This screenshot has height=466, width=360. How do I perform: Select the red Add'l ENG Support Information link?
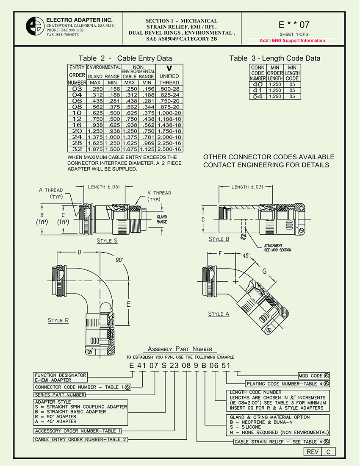tap(292, 41)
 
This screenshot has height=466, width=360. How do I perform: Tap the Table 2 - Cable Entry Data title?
tap(125, 58)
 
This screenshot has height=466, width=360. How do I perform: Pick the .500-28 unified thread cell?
tap(169, 89)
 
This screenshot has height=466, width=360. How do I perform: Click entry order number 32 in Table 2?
tap(77, 149)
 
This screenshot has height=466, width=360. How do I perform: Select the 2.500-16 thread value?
tap(169, 149)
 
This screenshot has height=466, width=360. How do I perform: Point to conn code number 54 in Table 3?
tap(258, 97)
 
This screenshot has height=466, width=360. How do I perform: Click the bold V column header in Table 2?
tap(169, 68)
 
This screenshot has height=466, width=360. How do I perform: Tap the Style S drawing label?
tap(107, 241)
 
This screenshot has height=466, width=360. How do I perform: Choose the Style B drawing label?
tap(219, 239)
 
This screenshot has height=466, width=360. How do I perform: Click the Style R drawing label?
tap(58, 320)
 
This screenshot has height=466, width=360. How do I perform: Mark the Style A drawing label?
tap(219, 314)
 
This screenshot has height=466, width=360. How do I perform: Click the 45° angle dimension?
tap(245, 256)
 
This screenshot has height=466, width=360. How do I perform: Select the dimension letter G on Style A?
tap(265, 271)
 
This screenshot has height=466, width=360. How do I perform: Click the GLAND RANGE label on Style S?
tap(162, 219)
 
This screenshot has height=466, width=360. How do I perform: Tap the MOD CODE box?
tap(313, 376)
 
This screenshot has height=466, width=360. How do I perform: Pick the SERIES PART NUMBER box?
tap(59, 395)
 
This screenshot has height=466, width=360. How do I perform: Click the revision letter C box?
tap(328, 452)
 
